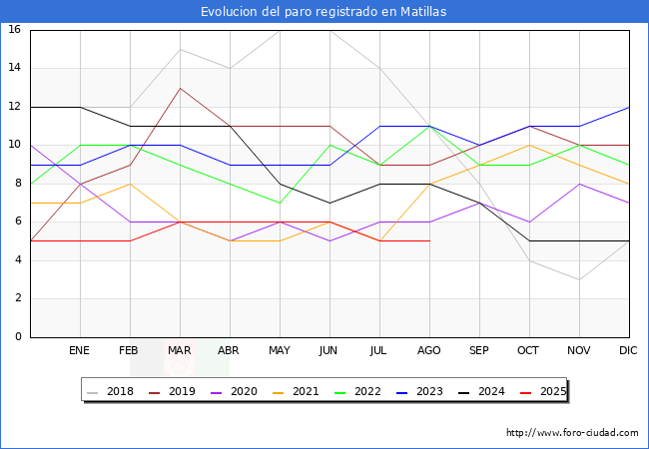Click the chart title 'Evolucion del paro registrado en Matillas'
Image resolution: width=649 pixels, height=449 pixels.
coord(324,12)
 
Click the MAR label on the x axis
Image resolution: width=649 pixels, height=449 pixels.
coord(180,351)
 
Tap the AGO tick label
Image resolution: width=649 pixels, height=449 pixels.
coord(429,351)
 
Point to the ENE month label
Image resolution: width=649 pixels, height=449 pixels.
coord(80,351)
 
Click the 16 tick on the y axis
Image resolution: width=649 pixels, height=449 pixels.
coord(15,30)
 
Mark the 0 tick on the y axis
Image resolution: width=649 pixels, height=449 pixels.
coord(18,337)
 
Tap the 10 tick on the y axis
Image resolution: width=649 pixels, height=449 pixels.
coord(15,145)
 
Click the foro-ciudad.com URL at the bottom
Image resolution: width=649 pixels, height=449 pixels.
coord(572,433)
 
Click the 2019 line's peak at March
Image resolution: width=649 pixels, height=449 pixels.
coord(180,88)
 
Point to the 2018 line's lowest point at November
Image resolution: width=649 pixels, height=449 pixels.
coord(579,279)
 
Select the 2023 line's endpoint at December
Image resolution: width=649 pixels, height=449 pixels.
coord(629,107)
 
